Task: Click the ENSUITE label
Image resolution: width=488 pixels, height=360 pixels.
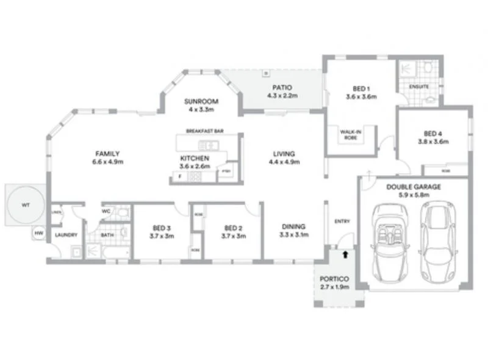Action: coord(419,87)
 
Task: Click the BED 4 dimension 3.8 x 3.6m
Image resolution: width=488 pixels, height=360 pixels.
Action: coord(433,142)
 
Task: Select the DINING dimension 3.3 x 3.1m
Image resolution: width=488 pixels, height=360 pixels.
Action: coord(294,235)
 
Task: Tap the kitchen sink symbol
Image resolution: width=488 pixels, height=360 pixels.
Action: coord(207,145)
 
